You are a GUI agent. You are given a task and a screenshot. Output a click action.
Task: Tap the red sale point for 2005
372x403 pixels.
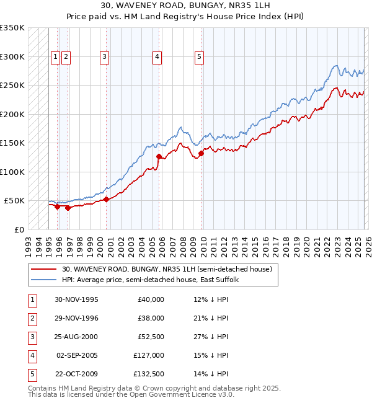tap(159, 157)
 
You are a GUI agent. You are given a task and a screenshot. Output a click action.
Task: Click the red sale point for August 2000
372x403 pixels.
tap(107, 200)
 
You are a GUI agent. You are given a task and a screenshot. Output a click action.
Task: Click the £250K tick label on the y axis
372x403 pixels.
tap(12, 86)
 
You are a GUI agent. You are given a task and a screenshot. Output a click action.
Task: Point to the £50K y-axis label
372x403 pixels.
tap(14, 201)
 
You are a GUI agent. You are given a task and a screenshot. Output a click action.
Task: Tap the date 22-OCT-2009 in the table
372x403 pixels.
tap(76, 374)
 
